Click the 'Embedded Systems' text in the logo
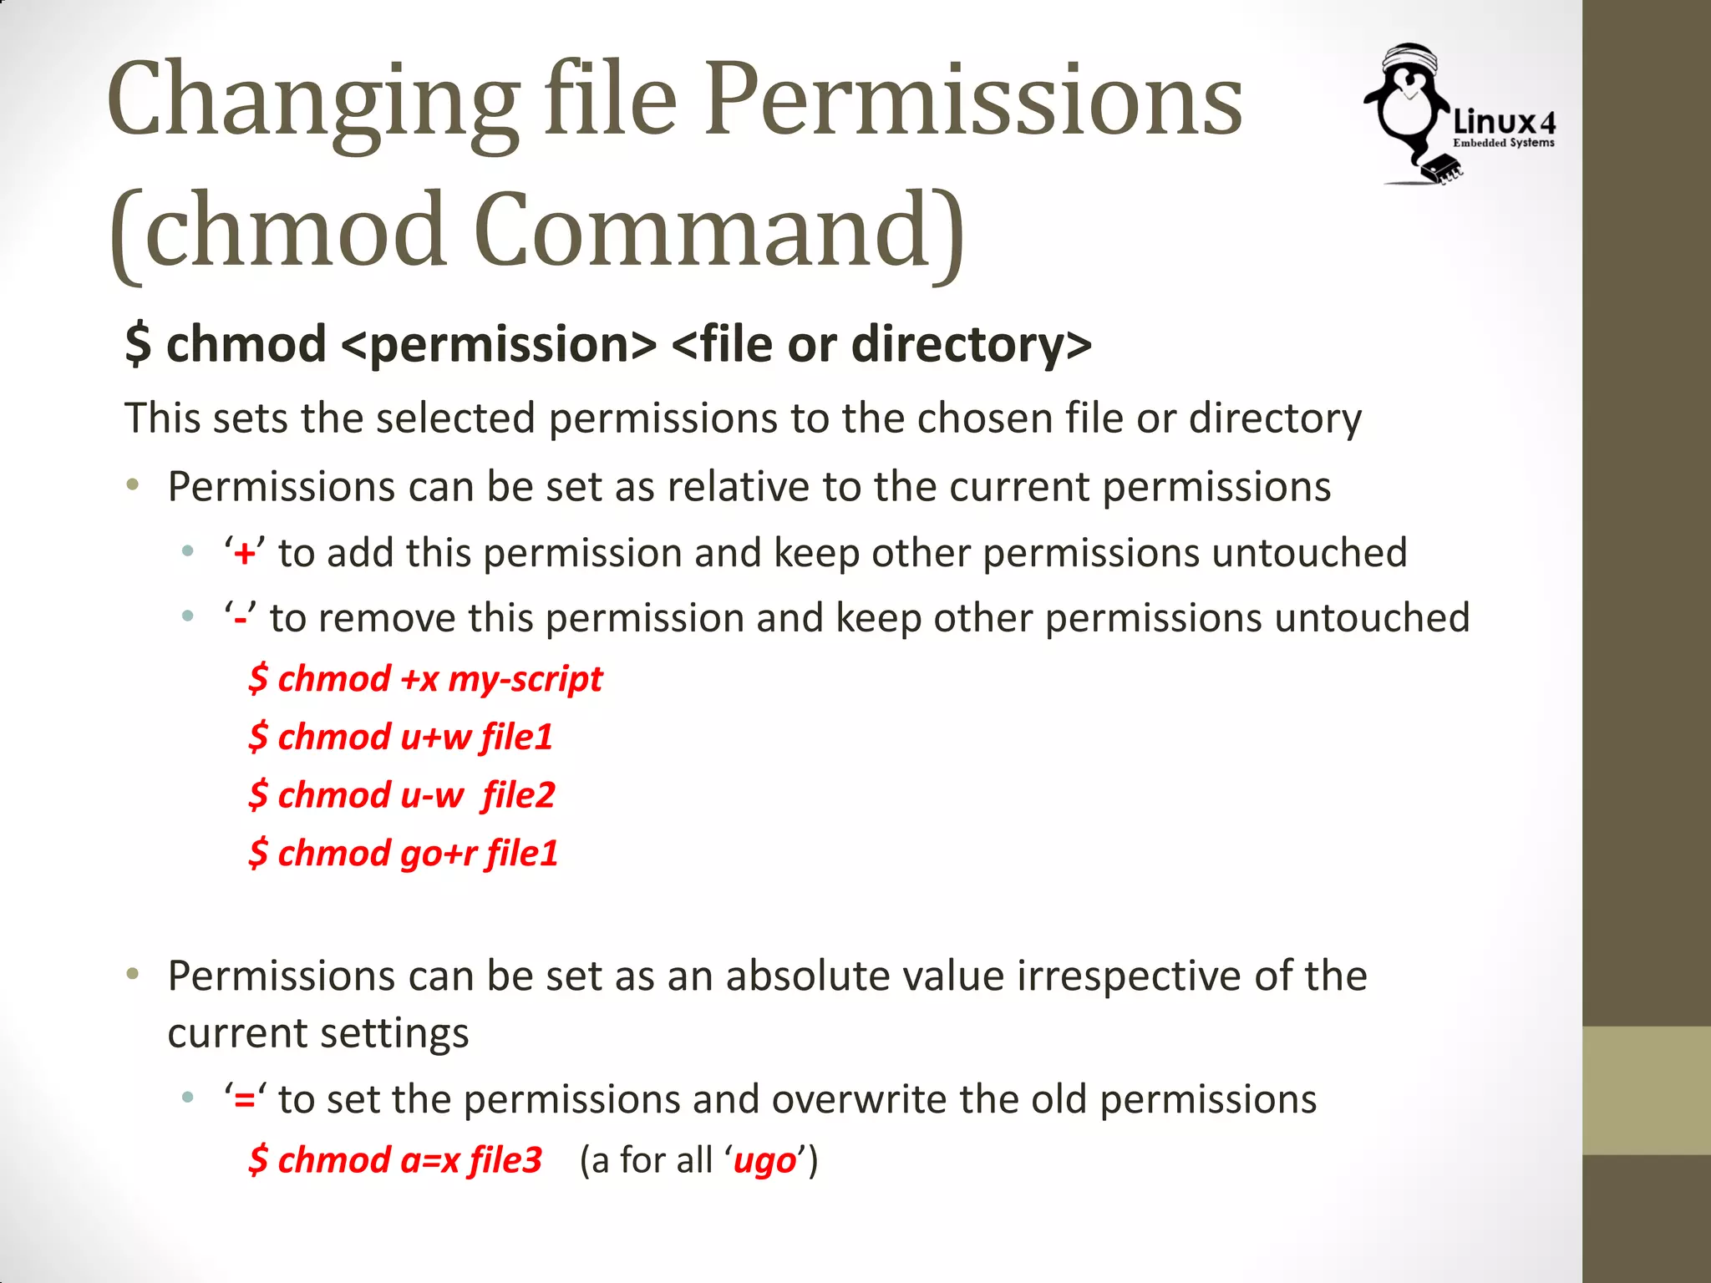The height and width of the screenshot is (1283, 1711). pos(1503,144)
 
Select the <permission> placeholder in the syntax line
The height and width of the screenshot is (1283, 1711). pos(499,344)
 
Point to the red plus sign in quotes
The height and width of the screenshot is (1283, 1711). pos(245,554)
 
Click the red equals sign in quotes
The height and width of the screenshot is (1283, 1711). pos(245,1100)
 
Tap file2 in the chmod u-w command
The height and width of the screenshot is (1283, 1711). pos(518,795)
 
